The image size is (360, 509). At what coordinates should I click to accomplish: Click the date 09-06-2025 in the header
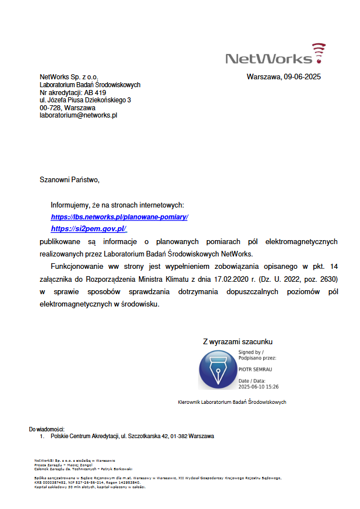302,77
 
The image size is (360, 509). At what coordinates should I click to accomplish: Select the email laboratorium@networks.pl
78,115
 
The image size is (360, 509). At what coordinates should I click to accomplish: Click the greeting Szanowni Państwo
69,180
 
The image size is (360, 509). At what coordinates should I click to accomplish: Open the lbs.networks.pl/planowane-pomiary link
119,217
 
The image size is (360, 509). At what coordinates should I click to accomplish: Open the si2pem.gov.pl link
89,229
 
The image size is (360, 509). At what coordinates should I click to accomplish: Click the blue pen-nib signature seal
218,370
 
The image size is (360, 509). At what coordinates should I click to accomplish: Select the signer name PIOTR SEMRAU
256,370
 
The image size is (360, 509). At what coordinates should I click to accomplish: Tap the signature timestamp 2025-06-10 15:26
259,387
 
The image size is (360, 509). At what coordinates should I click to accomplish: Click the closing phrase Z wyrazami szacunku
238,341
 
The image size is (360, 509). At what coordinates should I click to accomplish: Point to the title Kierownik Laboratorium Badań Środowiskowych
232,402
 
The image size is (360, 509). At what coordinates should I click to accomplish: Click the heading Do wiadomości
47,429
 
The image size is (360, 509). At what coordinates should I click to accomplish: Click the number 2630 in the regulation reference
327,279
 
